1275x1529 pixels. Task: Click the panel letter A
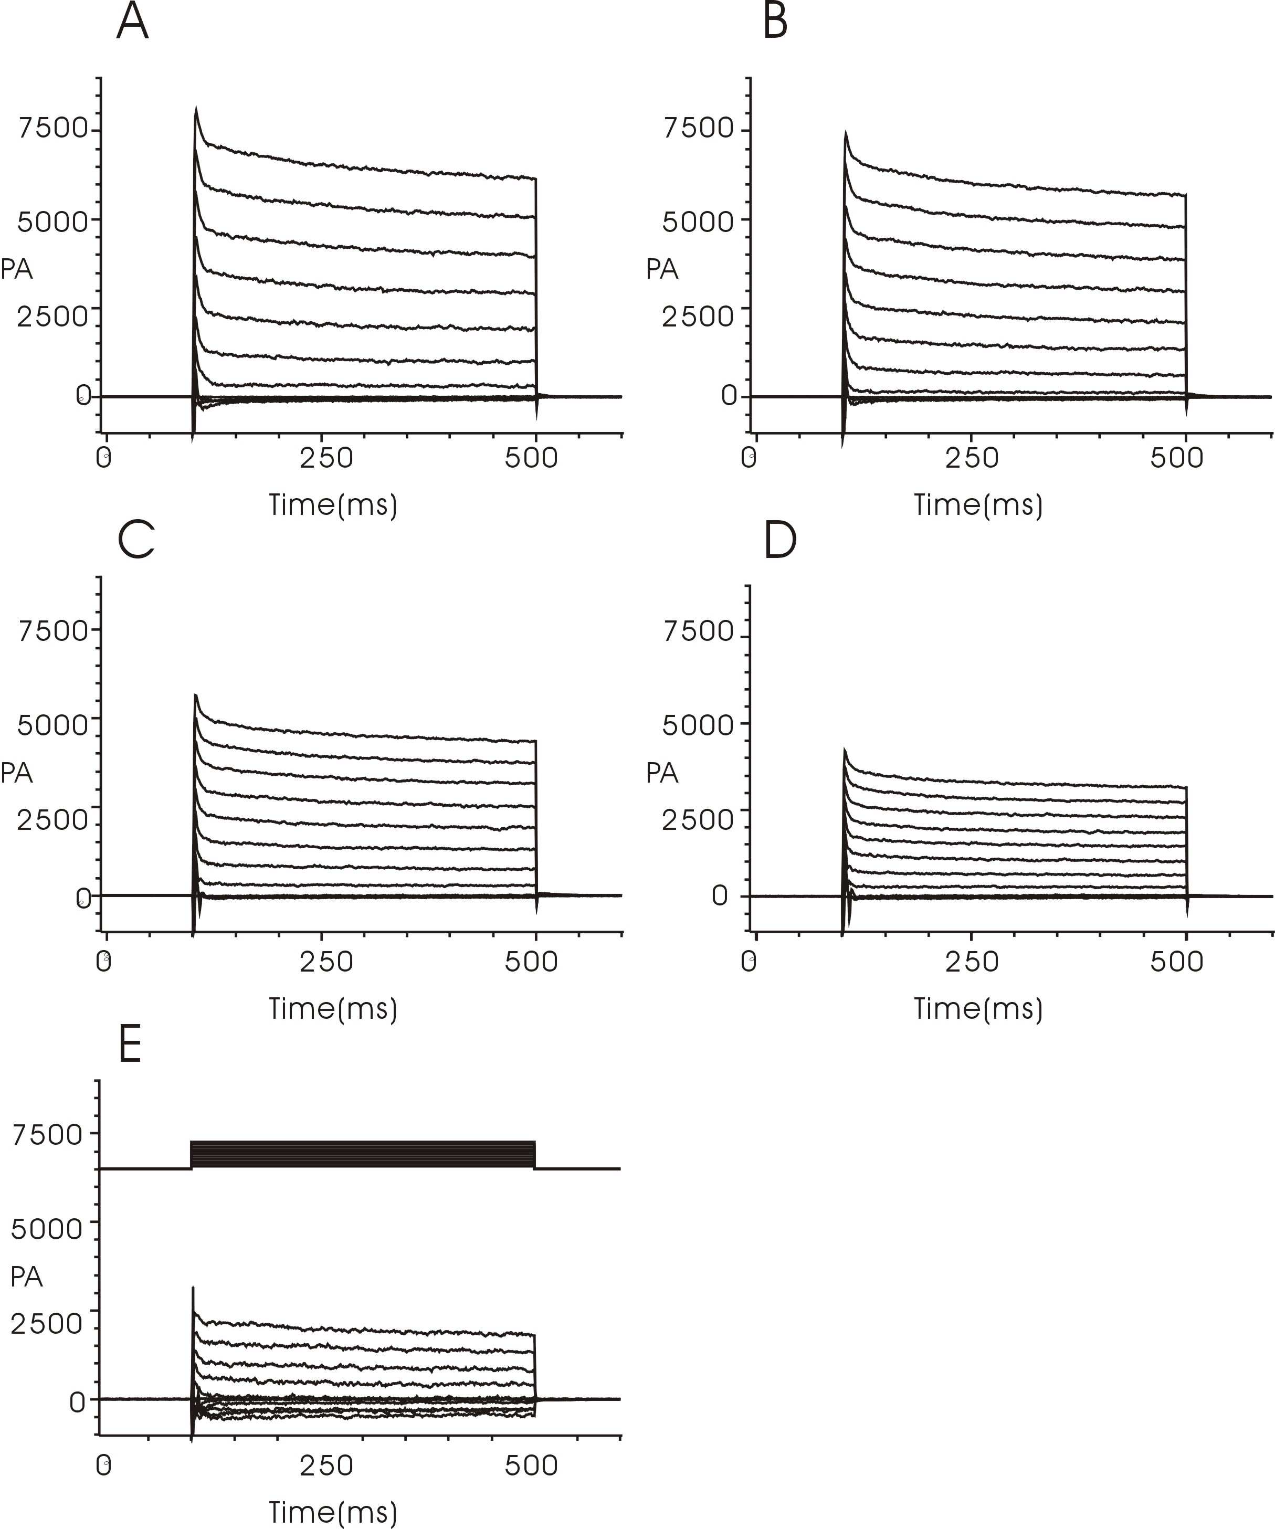132,22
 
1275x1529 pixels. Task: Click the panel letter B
775,22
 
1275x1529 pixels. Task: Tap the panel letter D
780,541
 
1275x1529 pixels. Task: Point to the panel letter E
130,1046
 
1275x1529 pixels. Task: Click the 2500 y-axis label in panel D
698,820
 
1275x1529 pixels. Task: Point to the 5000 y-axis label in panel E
47,1229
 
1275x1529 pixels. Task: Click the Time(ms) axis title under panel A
333,504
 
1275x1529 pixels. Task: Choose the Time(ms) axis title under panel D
978,1008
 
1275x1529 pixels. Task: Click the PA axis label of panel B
662,269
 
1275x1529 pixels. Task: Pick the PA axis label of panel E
27,1277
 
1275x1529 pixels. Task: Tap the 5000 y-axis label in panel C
53,725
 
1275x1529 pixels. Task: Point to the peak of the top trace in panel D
845,748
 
